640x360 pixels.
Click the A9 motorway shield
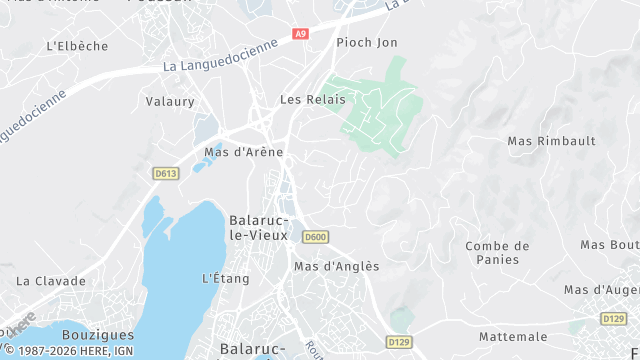click(300, 33)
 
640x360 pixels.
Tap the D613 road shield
click(165, 173)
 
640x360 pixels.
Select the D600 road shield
click(315, 237)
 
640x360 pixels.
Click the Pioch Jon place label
click(367, 42)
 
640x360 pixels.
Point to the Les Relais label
click(312, 99)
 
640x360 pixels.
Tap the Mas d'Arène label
click(244, 152)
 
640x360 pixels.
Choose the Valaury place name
click(170, 101)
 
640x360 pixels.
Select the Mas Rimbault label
click(552, 141)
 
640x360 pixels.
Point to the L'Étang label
click(225, 278)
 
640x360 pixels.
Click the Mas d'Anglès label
click(337, 266)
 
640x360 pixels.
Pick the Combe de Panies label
click(497, 252)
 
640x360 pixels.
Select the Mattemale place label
click(513, 336)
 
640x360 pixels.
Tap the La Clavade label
click(52, 281)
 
